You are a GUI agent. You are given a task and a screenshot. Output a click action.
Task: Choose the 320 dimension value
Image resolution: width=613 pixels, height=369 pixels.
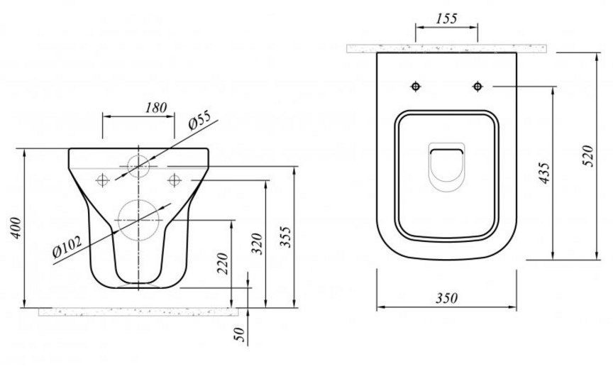tap(258, 243)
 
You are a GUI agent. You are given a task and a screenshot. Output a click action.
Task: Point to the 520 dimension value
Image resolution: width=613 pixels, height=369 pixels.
tap(587, 155)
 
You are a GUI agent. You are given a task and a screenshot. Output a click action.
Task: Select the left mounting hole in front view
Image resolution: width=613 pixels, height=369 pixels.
tap(104, 179)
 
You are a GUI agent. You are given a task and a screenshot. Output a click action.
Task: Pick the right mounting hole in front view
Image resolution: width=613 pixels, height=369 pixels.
tap(173, 179)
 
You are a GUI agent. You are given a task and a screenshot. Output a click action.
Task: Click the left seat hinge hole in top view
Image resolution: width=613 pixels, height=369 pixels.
tap(416, 87)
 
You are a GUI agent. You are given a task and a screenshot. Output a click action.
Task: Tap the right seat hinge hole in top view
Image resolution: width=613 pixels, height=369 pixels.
tap(477, 87)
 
